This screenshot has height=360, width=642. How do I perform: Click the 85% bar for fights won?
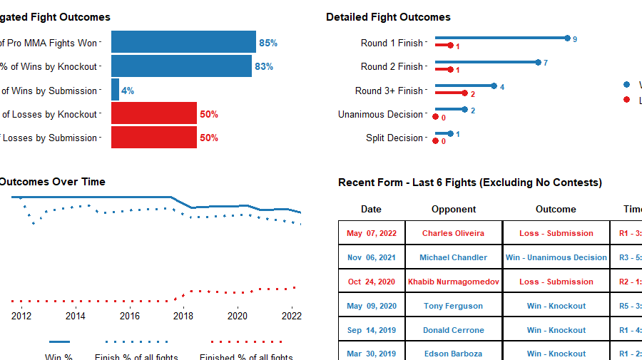point(183,43)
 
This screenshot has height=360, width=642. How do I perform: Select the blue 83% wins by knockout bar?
point(181,66)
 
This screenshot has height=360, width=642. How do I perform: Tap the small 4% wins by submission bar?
point(115,91)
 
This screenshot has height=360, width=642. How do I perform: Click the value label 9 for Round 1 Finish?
point(575,38)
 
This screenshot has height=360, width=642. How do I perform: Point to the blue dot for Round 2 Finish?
point(538,62)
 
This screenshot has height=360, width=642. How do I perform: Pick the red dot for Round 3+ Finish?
point(464,93)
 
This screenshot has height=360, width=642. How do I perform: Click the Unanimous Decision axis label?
point(381,114)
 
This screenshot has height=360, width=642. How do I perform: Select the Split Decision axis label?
point(394,138)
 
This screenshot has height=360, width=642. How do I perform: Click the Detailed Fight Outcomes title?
point(388,17)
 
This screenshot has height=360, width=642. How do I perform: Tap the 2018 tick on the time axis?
point(183,315)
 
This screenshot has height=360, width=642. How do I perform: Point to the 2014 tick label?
point(75,315)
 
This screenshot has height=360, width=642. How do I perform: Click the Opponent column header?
point(454,209)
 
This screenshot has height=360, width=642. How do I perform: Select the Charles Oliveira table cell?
point(453,233)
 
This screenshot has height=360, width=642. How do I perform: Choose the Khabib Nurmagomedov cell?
point(454,282)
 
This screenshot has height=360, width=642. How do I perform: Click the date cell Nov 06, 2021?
point(372,257)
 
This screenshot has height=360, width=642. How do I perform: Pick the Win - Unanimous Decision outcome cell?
point(556,257)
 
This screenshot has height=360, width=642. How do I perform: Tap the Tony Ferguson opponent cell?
point(454,306)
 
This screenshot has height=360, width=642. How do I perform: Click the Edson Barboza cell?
point(454,354)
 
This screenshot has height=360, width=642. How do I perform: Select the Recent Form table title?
point(469,182)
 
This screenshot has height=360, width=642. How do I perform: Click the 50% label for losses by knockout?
point(209,114)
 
